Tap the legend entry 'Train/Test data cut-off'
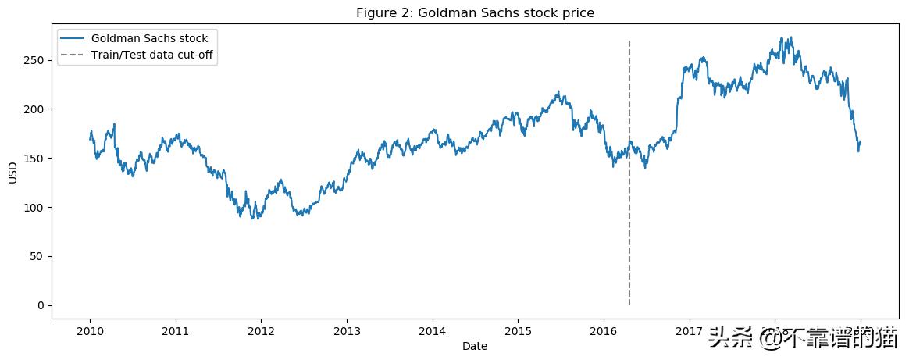153,54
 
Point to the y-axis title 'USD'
12,173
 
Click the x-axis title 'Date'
475,346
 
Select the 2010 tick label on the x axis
90,331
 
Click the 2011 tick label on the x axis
175,331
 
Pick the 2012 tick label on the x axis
261,331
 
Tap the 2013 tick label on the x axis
347,331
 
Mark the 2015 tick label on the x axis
518,331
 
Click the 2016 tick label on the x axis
603,331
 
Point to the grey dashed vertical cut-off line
629,234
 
